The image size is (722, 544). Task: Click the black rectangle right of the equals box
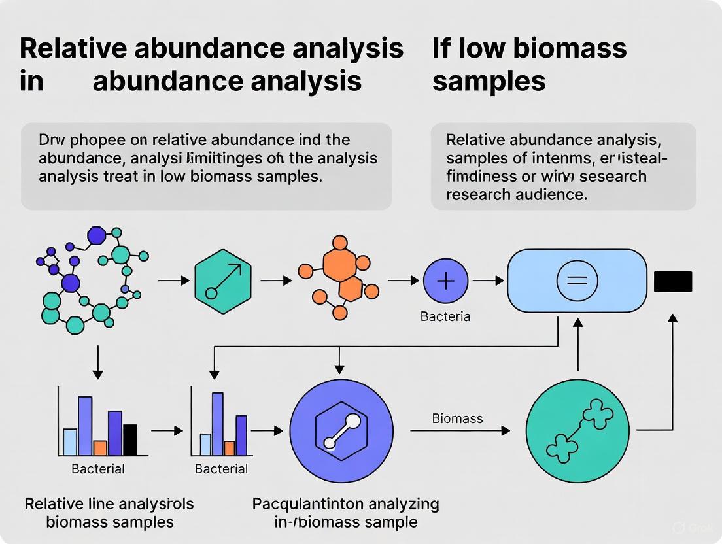coord(672,281)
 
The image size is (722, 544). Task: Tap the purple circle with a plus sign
coord(445,281)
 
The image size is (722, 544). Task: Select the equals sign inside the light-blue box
coord(576,281)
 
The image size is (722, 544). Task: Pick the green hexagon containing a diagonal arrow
coord(222,280)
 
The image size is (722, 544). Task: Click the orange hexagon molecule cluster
coord(339,279)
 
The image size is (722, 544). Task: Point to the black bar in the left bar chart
coord(130,439)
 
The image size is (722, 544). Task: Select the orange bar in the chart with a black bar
coord(100,448)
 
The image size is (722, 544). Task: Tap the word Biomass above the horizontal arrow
coord(457,418)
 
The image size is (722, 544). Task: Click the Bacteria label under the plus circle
coord(445,316)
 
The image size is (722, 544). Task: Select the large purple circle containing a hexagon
coord(341,430)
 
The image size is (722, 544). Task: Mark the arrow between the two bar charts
coord(167,431)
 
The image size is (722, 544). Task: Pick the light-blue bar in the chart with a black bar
coord(70,441)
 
